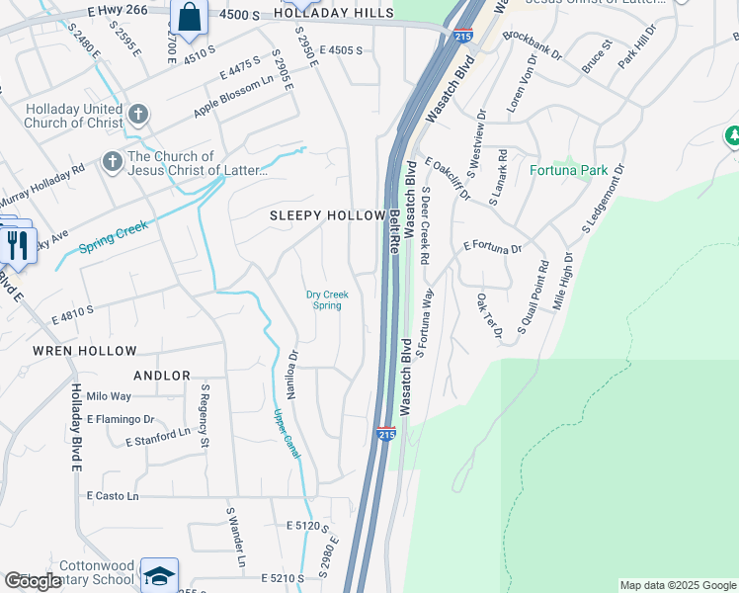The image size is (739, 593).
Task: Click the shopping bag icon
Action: coord(189,17)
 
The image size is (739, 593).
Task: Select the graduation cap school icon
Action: coord(159,575)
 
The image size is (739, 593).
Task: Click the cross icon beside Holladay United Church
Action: coord(138,115)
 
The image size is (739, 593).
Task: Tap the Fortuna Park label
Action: coord(568,170)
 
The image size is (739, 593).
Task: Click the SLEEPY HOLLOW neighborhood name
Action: coord(327,215)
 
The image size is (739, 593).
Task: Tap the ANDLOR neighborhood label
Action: coord(162,376)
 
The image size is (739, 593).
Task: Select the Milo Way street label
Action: coord(109,396)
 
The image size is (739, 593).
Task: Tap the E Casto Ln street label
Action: coord(113,495)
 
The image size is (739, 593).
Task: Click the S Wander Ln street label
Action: coord(235,540)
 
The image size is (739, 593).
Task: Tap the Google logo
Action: coord(33,582)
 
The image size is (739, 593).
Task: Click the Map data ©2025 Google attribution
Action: coord(677,585)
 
